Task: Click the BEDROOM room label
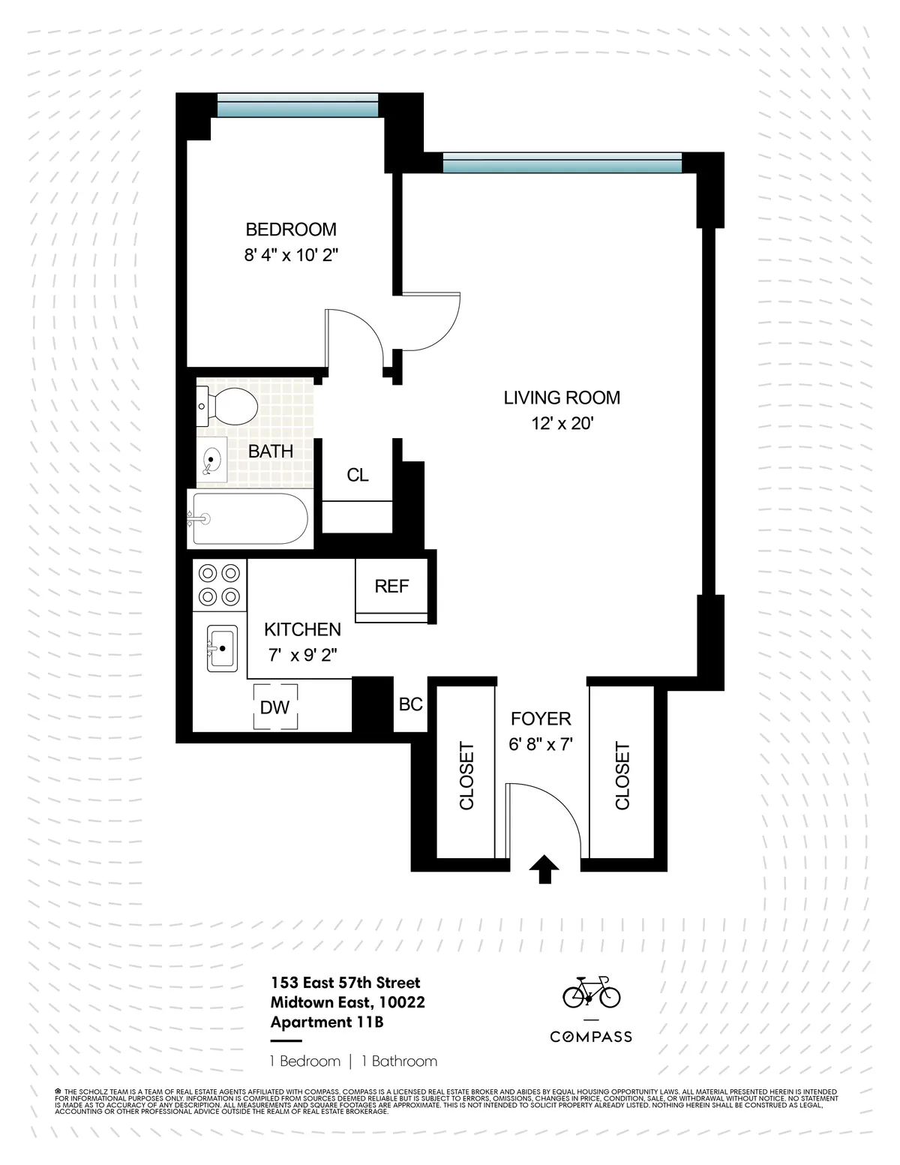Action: tap(291, 230)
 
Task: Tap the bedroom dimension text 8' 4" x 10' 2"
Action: tap(291, 255)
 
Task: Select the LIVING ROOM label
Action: tap(562, 398)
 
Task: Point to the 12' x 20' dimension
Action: tap(562, 424)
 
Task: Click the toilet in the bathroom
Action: tap(229, 406)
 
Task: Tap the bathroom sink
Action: tap(213, 460)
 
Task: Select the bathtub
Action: tap(249, 518)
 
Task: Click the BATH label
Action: tap(271, 452)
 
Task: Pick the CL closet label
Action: tap(358, 476)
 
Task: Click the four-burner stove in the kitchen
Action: tap(220, 585)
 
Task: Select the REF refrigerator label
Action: tap(391, 587)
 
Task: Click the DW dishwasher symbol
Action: tap(275, 707)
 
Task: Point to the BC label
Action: tap(410, 705)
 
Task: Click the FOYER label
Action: tap(541, 719)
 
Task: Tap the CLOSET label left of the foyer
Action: tap(466, 776)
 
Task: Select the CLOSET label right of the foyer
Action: tap(622, 776)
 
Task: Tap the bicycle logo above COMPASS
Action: tap(592, 992)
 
